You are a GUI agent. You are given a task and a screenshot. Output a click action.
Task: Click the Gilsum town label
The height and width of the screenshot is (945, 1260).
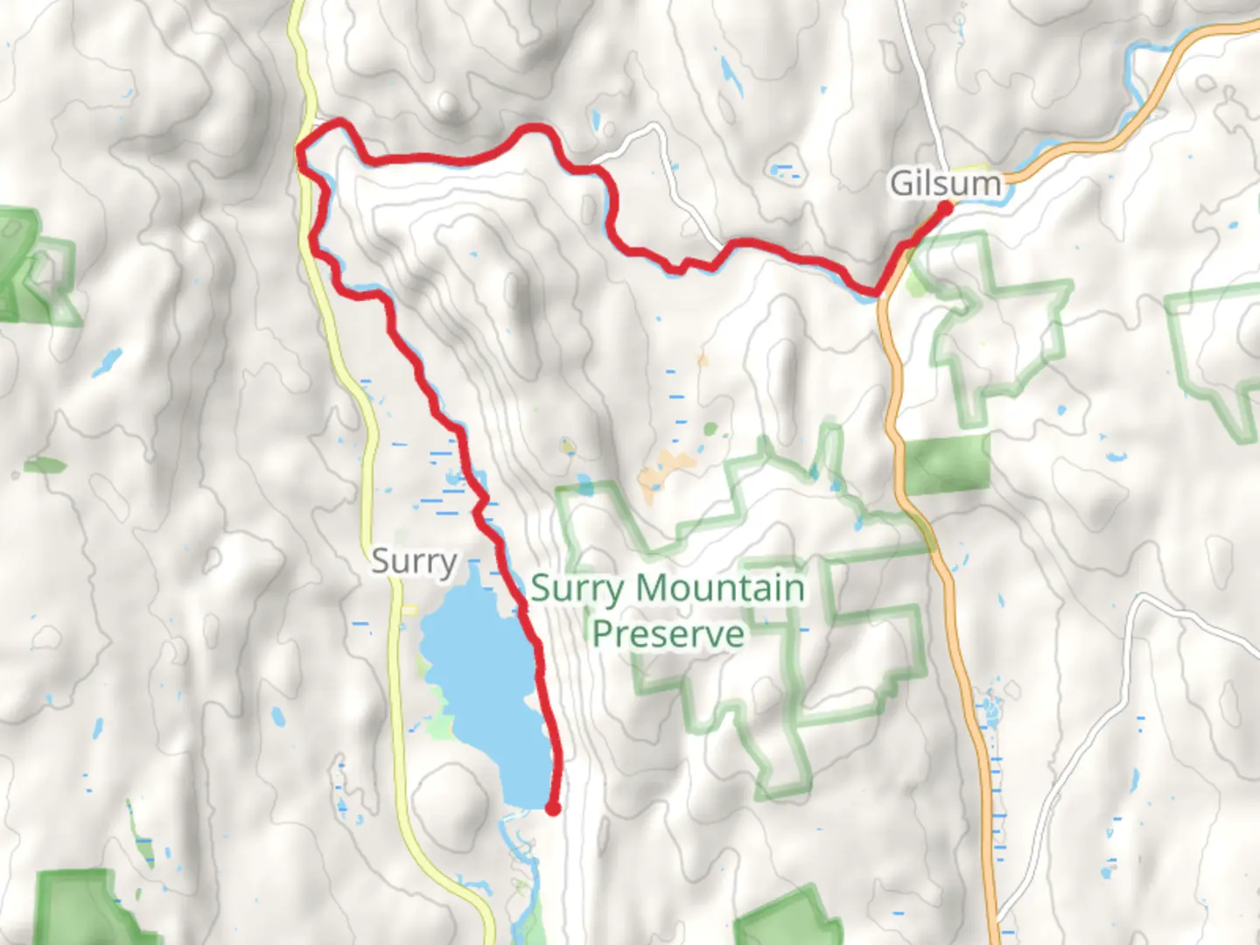[x=944, y=183]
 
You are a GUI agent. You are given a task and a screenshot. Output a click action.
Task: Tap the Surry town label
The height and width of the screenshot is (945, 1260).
[x=414, y=561]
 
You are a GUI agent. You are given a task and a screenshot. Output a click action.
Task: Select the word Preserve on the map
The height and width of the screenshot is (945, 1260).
[x=668, y=633]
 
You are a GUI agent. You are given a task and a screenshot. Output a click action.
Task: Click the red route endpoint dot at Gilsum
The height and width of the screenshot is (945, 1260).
[x=946, y=207]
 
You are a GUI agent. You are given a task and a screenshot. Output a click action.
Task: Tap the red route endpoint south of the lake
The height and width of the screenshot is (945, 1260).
[x=553, y=808]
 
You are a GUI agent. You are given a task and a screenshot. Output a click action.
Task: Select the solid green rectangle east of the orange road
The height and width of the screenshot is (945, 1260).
[x=947, y=464]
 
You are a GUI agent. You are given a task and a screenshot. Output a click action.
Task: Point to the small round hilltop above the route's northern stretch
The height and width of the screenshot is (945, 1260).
[x=450, y=104]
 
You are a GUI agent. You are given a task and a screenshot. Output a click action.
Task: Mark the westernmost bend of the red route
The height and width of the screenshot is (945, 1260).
[x=300, y=156]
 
